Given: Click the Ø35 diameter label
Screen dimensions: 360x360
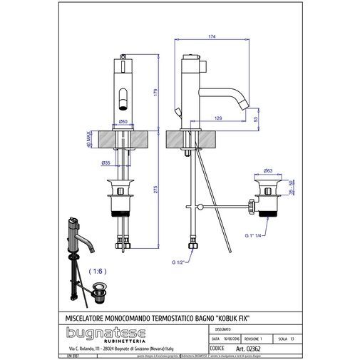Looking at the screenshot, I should (106, 163).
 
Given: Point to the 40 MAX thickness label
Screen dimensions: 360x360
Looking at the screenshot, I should (89, 138).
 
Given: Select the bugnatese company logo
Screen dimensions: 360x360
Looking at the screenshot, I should (106, 333).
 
